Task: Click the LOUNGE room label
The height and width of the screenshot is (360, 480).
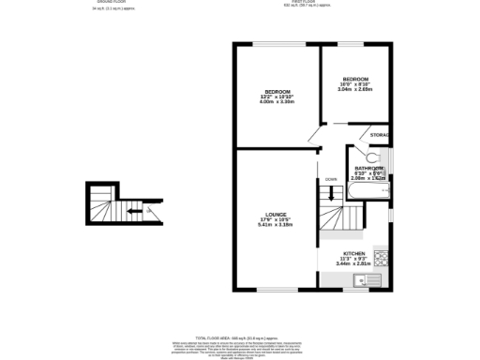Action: [276, 214]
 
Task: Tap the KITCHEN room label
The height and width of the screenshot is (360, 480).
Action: [353, 254]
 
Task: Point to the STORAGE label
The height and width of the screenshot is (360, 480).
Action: [380, 136]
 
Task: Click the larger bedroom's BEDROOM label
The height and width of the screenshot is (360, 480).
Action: [277, 91]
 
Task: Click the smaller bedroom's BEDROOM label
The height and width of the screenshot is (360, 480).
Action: [355, 79]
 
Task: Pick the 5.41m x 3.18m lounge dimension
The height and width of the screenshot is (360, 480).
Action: [276, 225]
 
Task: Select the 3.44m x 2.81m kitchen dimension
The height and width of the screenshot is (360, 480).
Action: [353, 264]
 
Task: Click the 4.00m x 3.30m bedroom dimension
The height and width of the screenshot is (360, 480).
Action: [277, 102]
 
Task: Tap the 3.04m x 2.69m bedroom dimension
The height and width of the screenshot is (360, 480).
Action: [355, 90]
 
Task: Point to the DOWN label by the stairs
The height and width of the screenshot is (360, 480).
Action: [331, 179]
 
